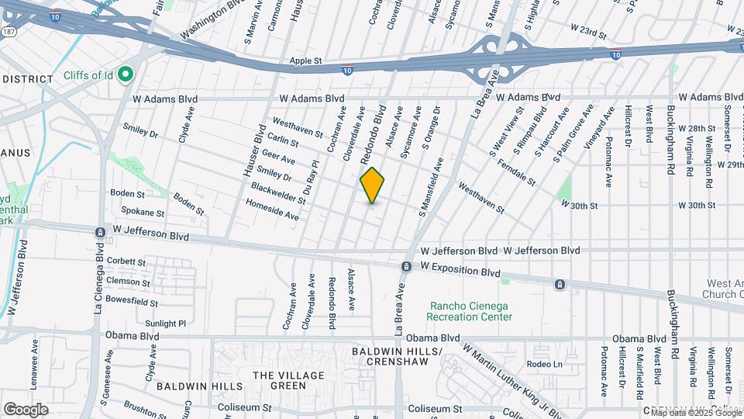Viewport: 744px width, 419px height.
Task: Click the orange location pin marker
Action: pyautogui.click(x=372, y=185)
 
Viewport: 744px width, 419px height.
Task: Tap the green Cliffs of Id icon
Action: pyautogui.click(x=125, y=74)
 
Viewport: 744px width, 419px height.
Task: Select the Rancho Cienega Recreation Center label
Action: pyautogui.click(x=470, y=310)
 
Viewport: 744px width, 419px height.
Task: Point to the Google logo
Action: pyautogui.click(x=26, y=410)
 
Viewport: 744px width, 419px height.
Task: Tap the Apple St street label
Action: pyautogui.click(x=305, y=60)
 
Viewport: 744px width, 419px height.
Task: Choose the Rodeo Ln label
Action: pyautogui.click(x=542, y=364)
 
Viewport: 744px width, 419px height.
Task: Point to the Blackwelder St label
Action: pyautogui.click(x=278, y=193)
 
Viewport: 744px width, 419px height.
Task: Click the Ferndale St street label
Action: pyautogui.click(x=517, y=173)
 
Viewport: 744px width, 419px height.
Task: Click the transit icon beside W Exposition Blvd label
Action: pyautogui.click(x=406, y=267)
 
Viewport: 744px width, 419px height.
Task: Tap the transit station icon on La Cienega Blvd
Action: pyautogui.click(x=100, y=232)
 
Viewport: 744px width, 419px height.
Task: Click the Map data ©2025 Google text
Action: pyautogui.click(x=695, y=413)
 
